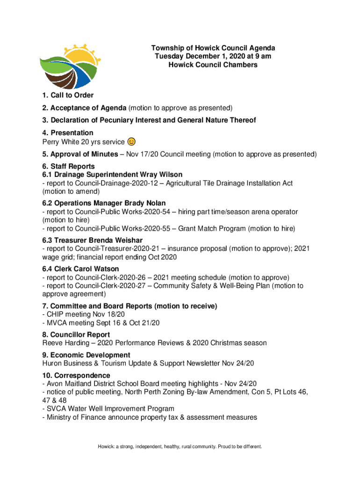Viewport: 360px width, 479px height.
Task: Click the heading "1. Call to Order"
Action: [x=68, y=96]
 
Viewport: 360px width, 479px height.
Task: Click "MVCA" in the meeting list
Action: [x=57, y=323]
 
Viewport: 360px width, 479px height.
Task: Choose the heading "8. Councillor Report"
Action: [x=76, y=334]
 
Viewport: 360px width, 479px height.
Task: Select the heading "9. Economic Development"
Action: [x=86, y=355]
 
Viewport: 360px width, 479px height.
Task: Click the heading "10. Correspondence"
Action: [x=76, y=376]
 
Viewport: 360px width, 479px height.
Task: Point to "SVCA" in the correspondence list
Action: [x=56, y=409]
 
